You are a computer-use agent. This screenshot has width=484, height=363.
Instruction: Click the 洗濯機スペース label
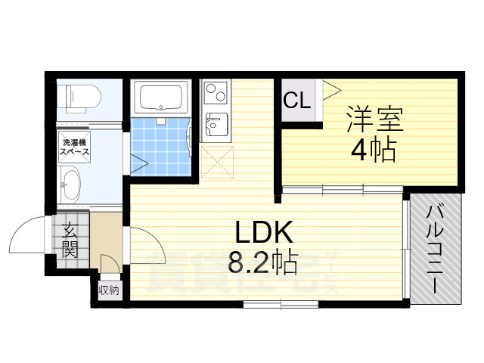[76, 146]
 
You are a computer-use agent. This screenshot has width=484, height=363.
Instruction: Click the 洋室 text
[374, 119]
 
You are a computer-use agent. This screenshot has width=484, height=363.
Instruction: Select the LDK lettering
[261, 231]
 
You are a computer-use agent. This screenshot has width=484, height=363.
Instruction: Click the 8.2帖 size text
[262, 262]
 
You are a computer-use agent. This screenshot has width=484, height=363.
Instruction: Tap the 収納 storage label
[108, 290]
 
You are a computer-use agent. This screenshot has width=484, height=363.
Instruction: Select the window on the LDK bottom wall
[281, 304]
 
